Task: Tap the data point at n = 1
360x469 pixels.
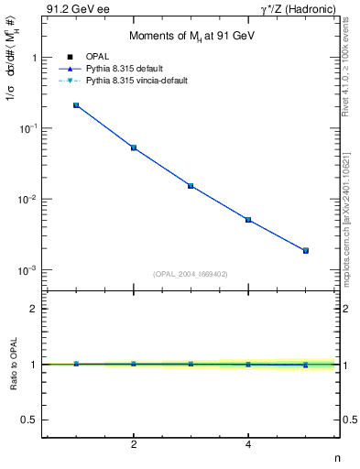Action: [76, 105]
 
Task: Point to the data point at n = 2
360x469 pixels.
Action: [134, 147]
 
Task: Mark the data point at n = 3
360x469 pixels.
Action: [191, 186]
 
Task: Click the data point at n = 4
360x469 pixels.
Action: [248, 220]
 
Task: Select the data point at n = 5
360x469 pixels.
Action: [306, 250]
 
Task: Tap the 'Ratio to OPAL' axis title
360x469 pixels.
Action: [12, 364]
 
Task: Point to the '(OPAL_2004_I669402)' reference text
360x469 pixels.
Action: [191, 273]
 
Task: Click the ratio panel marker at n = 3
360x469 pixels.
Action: [191, 364]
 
